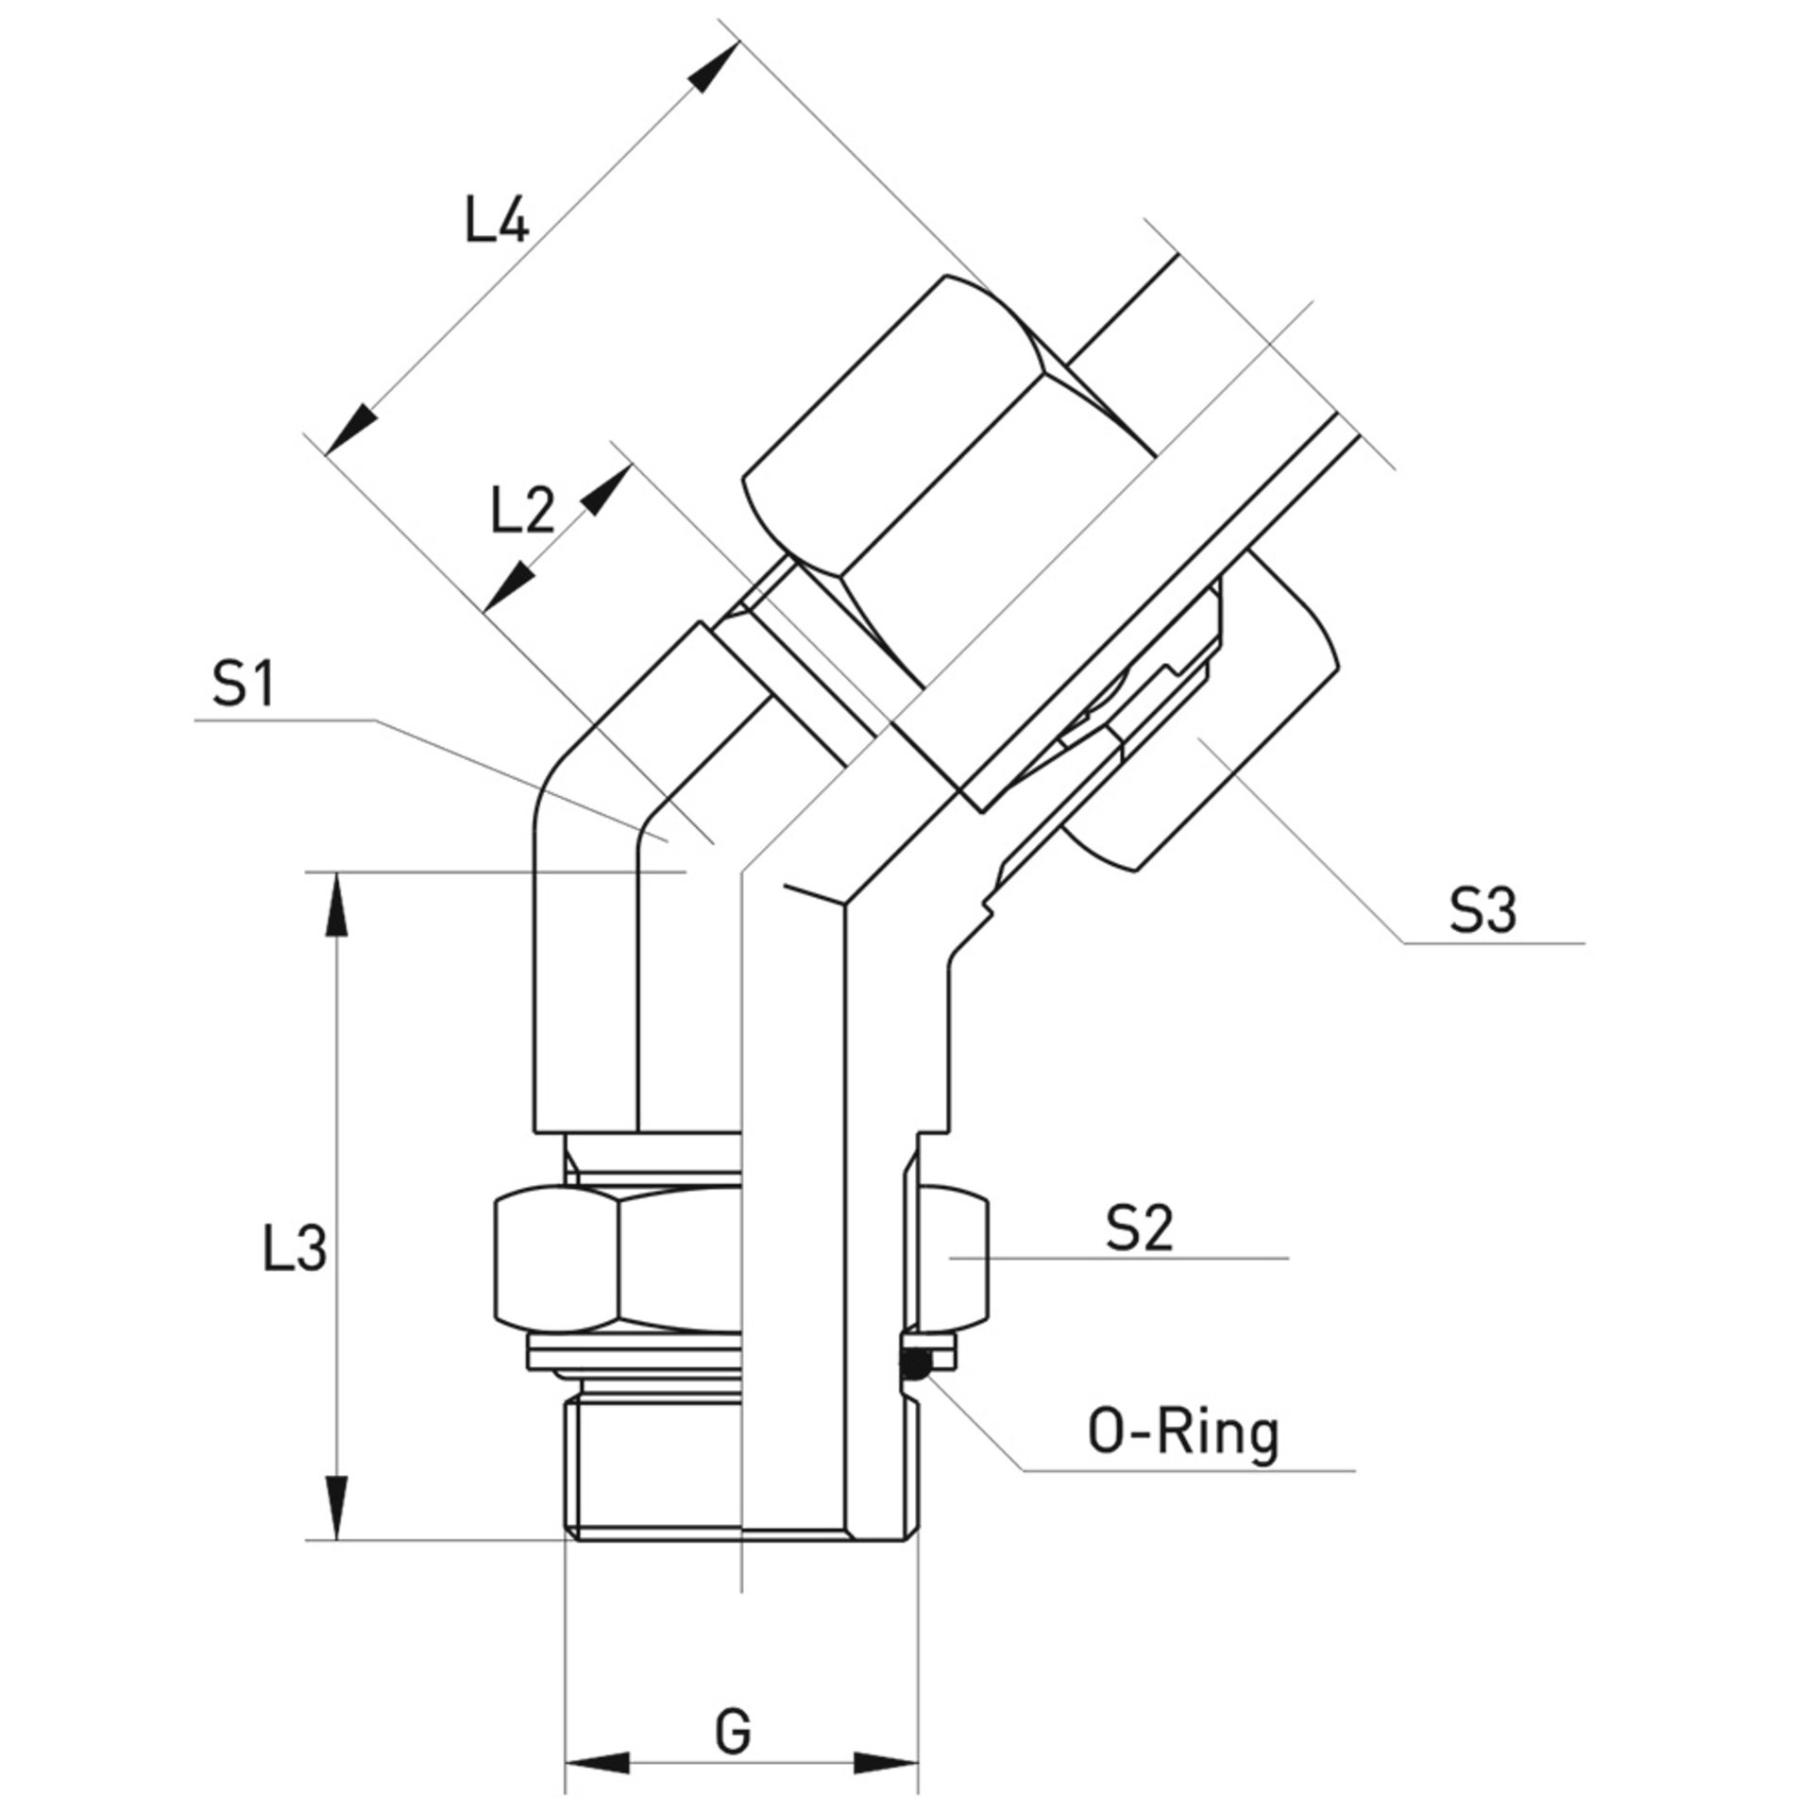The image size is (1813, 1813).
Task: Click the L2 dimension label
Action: click(x=522, y=512)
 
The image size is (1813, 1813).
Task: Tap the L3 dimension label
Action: click(x=295, y=1249)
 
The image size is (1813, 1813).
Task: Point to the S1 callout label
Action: click(x=243, y=685)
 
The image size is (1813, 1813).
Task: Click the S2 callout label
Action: click(x=1140, y=1230)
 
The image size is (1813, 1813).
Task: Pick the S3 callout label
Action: click(x=1483, y=911)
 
